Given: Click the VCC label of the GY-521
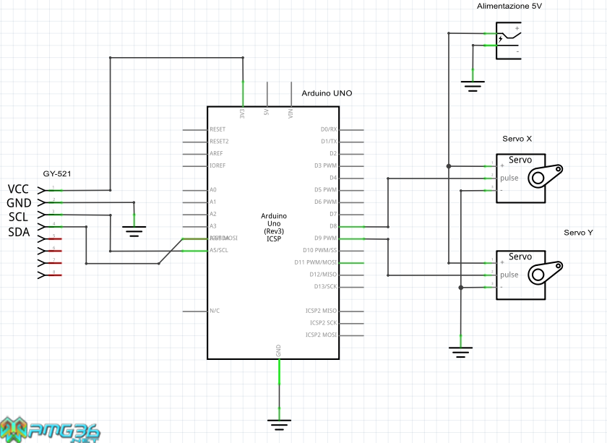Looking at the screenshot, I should [x=18, y=189].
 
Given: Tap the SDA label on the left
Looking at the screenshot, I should [x=19, y=232].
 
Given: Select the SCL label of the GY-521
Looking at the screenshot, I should [x=18, y=218].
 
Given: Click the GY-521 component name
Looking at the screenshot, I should [x=57, y=173].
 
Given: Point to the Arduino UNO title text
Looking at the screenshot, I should [x=327, y=93].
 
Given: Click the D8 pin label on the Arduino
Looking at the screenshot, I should [x=333, y=226].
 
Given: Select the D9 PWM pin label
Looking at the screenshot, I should [x=326, y=238].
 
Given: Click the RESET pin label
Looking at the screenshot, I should [x=218, y=129].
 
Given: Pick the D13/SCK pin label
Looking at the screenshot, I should [x=323, y=286].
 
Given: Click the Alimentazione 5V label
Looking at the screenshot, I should [x=509, y=6].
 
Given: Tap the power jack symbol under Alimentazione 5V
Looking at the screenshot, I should [x=509, y=40].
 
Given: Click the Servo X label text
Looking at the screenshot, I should [x=517, y=139].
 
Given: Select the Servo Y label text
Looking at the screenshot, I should [x=578, y=232].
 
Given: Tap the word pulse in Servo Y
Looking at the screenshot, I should [x=509, y=275].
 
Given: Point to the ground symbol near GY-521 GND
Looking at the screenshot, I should [x=134, y=230].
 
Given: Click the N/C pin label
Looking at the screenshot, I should [x=214, y=311].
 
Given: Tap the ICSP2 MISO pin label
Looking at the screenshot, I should [x=322, y=311].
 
